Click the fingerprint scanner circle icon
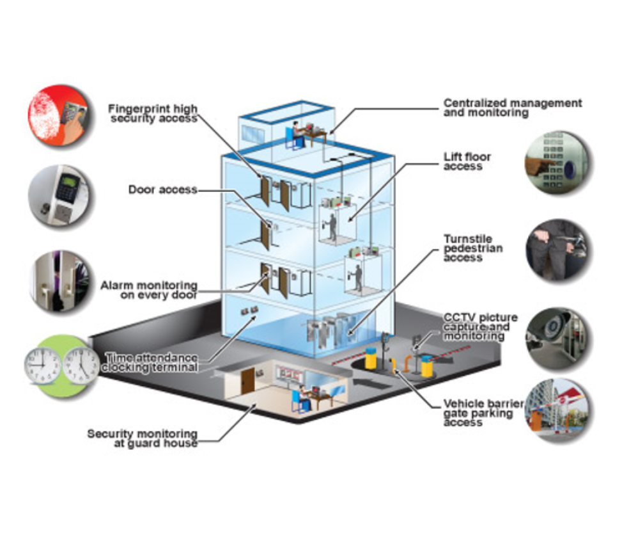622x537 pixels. coord(58,116)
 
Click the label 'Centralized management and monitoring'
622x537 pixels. coord(513,108)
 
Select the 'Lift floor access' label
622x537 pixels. coord(467,161)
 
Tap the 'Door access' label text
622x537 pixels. coord(162,190)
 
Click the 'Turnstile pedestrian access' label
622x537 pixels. coord(473,248)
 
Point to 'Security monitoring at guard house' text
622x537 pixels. coord(143,438)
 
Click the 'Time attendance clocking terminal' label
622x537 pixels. coord(152,362)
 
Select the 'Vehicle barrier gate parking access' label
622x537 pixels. coord(483,413)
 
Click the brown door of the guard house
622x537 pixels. coord(247,381)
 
